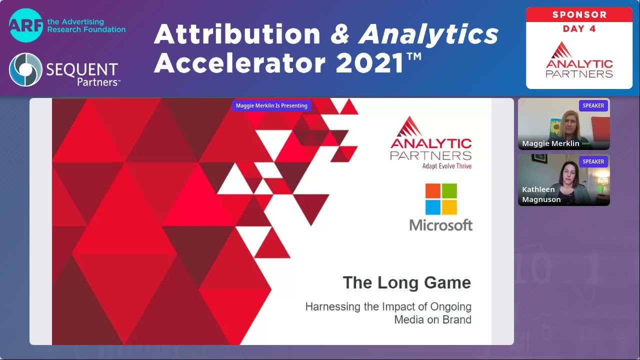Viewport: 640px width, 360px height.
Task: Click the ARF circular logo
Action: pyautogui.click(x=25, y=25)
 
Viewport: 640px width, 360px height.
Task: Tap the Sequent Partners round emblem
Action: pyautogui.click(x=25, y=69)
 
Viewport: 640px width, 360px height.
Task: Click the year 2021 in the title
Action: pyautogui.click(x=369, y=63)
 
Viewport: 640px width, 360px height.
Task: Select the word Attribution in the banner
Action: pyautogui.click(x=237, y=34)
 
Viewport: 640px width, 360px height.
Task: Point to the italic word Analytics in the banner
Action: pyautogui.click(x=429, y=34)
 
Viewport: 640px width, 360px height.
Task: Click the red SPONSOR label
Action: pyautogui.click(x=579, y=14)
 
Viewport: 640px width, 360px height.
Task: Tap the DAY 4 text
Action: pyautogui.click(x=579, y=29)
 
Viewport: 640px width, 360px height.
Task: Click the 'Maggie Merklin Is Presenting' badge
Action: pyautogui.click(x=271, y=105)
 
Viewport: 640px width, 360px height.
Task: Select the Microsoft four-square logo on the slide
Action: pyautogui.click(x=441, y=199)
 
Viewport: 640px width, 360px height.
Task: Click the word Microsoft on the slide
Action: pyautogui.click(x=441, y=225)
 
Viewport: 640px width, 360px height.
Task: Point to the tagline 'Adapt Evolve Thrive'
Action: pyautogui.click(x=446, y=166)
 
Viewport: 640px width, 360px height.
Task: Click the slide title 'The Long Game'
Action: pyautogui.click(x=406, y=282)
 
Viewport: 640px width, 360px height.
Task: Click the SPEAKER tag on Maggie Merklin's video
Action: pyautogui.click(x=593, y=105)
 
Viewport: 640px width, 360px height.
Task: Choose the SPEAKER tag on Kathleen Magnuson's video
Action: pyautogui.click(x=593, y=161)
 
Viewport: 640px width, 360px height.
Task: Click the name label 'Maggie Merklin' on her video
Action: pyautogui.click(x=550, y=143)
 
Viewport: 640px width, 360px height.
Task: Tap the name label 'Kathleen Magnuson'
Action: pyautogui.click(x=541, y=194)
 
